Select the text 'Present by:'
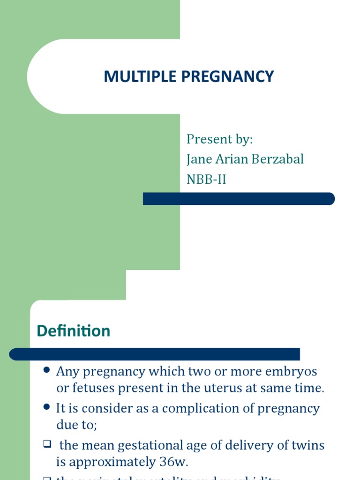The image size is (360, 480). pyautogui.click(x=219, y=139)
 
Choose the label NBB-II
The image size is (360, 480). pyautogui.click(x=206, y=179)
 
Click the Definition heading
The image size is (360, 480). pyautogui.click(x=74, y=331)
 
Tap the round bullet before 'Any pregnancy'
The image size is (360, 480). pyautogui.click(x=46, y=370)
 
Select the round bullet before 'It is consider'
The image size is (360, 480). pyautogui.click(x=46, y=407)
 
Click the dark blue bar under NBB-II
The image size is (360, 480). pyautogui.click(x=239, y=199)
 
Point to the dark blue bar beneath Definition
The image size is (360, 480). pyautogui.click(x=155, y=354)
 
